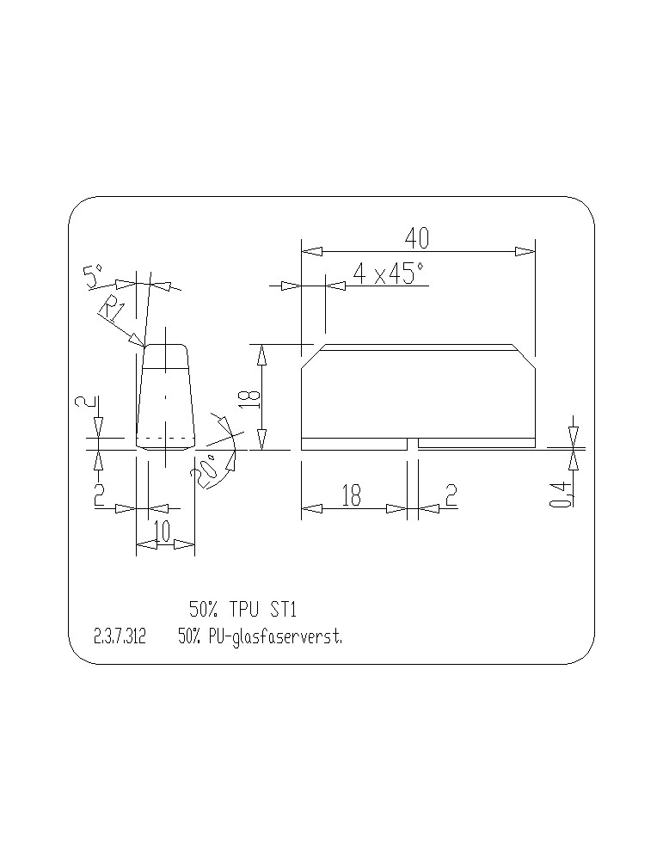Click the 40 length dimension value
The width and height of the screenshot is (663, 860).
click(x=417, y=238)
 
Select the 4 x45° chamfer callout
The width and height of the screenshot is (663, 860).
click(x=389, y=273)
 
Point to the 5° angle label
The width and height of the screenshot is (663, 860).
click(x=93, y=276)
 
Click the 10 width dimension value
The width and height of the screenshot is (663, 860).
click(x=163, y=531)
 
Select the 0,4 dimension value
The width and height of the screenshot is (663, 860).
click(x=559, y=493)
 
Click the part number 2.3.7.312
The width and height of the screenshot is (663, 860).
click(x=120, y=636)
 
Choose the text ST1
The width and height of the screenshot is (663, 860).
click(x=283, y=609)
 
